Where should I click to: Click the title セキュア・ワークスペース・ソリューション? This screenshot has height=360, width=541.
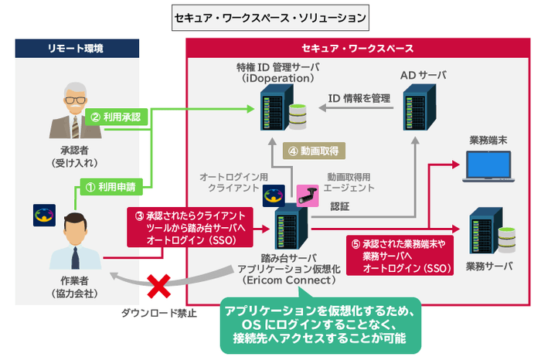270,15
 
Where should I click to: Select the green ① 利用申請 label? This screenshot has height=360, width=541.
110,185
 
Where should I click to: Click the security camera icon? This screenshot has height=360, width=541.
305,194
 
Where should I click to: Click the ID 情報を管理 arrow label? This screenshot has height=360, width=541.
359,98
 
